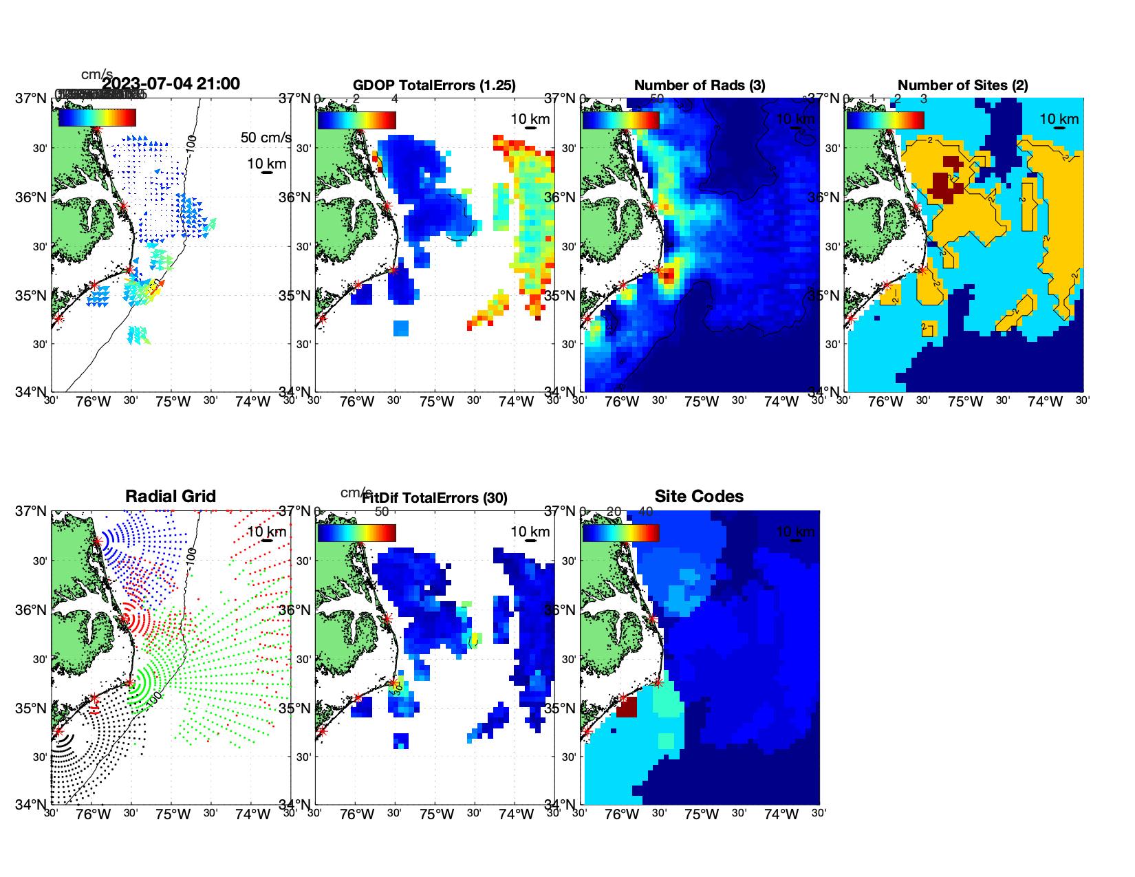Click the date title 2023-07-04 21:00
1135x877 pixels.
(x=171, y=84)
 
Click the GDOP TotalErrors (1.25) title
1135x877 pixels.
(x=434, y=85)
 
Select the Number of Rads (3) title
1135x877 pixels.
(x=700, y=85)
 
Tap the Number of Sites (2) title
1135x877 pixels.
(x=962, y=85)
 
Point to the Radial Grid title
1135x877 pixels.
(x=171, y=497)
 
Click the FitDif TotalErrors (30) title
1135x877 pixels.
(x=435, y=498)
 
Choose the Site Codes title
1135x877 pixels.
(x=699, y=497)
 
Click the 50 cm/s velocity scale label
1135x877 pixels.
(x=266, y=138)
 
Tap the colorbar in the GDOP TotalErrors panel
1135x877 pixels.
(x=356, y=120)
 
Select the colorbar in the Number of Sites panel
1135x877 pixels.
(x=885, y=120)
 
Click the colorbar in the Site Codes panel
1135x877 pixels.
(x=620, y=533)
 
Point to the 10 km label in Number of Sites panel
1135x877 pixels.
(x=1059, y=119)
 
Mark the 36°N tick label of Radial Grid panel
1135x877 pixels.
(x=31, y=610)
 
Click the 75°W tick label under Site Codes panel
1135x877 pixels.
(x=702, y=814)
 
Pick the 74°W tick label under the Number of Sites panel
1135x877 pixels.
(x=1045, y=402)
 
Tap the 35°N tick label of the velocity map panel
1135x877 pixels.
(x=31, y=296)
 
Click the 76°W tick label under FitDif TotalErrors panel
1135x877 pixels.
(x=357, y=814)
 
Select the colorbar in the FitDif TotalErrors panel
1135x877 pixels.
(x=356, y=533)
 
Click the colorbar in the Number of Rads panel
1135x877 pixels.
(x=620, y=120)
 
